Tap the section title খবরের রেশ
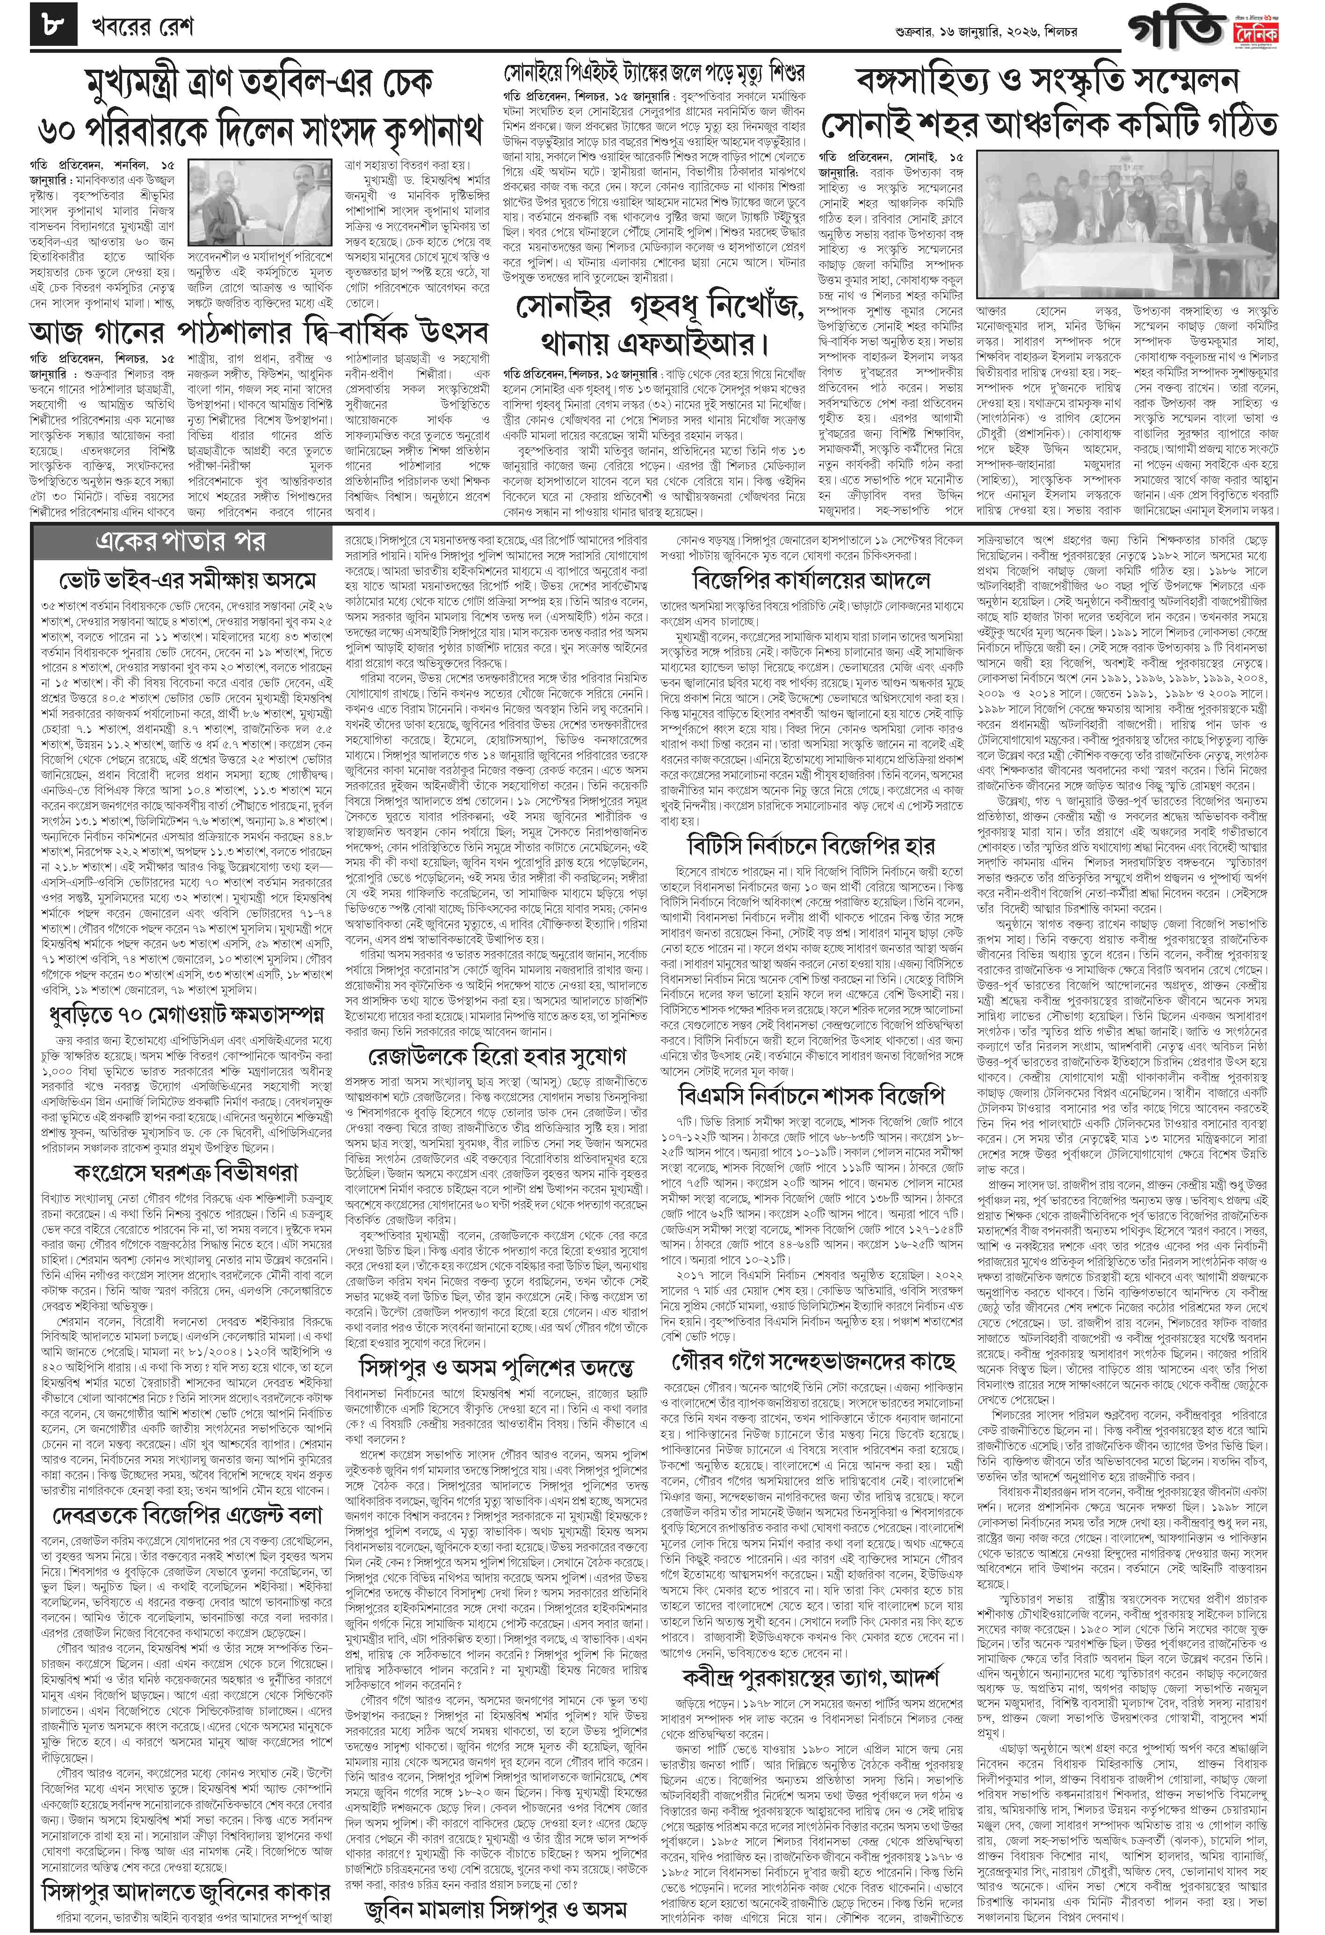pos(142,28)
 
